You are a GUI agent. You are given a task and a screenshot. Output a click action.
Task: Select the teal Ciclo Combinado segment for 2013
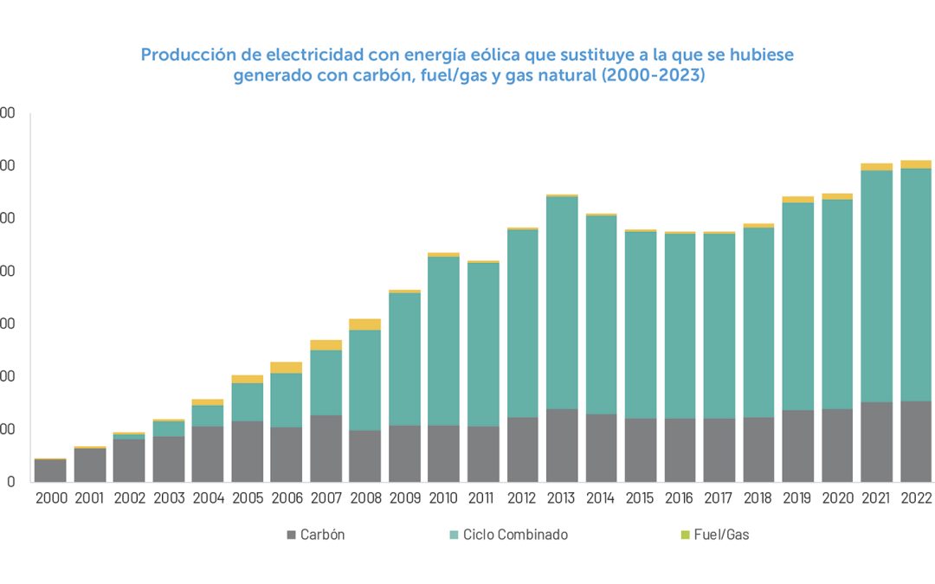(562, 303)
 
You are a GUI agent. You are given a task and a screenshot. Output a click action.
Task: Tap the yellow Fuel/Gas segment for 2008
(364, 324)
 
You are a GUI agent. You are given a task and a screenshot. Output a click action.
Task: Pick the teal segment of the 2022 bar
(916, 285)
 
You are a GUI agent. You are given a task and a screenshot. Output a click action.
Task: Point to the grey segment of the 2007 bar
(326, 448)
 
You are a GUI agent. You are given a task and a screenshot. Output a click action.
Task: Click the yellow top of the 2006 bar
(287, 368)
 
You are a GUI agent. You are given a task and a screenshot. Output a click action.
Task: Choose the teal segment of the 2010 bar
(444, 341)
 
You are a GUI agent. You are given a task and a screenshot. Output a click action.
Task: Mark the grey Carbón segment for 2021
(876, 441)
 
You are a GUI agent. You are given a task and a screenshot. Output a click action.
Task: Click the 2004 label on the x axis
(208, 498)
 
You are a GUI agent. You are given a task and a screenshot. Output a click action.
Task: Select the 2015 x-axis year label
(641, 498)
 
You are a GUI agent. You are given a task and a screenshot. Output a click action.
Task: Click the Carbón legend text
(322, 535)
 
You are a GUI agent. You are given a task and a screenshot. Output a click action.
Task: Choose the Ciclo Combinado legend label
(515, 535)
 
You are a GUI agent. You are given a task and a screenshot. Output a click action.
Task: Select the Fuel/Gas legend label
(721, 535)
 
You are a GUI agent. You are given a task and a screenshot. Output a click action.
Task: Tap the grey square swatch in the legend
(291, 535)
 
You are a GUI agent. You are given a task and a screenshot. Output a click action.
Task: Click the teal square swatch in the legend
(455, 535)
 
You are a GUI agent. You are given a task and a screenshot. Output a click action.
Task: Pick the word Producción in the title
(184, 55)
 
